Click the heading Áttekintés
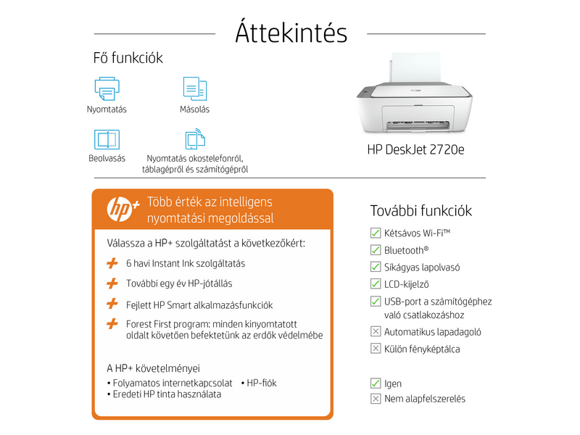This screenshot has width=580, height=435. coord(291,33)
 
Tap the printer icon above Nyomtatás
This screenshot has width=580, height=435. coord(107,88)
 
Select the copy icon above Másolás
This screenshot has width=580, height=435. coord(194,88)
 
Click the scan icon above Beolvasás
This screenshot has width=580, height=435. coord(107,139)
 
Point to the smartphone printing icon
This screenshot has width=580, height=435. coord(194,139)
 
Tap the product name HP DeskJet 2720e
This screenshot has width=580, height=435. coord(415,151)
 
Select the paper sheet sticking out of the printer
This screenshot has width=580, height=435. coord(416,69)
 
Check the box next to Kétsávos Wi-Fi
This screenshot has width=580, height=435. coord(376,233)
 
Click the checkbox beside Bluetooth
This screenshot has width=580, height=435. coord(376,249)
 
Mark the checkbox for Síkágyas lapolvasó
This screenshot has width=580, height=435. coord(376,267)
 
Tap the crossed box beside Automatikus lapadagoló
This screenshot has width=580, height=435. coord(376,331)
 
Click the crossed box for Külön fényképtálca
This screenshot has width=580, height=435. coord(376,349)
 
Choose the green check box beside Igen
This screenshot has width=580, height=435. coord(376,383)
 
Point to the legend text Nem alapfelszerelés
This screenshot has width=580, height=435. coord(425,399)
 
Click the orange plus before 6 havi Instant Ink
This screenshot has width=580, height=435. coord(112,263)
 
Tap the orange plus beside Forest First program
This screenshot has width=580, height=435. coord(112,323)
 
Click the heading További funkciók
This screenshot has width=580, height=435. coord(421,211)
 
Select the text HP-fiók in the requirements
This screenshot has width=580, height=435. coord(262,383)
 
